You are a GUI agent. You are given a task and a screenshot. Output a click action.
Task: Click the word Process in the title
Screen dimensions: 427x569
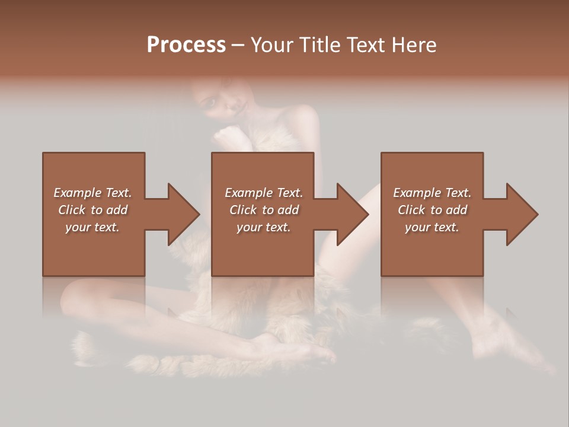tap(186, 45)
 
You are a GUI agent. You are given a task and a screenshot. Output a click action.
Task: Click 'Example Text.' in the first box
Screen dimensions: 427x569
tap(92, 193)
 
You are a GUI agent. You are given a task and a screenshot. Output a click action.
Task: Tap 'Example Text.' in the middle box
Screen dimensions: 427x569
tap(264, 193)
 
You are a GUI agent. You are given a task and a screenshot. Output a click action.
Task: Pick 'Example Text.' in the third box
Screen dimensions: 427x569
tap(432, 193)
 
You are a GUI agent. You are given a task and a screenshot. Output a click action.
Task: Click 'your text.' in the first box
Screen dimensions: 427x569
tap(92, 227)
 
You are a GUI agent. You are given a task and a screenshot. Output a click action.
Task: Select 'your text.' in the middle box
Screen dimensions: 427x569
tap(264, 227)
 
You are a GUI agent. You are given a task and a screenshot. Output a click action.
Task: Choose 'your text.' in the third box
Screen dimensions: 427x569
tap(432, 227)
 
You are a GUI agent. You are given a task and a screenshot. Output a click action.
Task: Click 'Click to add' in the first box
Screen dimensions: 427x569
tap(92, 210)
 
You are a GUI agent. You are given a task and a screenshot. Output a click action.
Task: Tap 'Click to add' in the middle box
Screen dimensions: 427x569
tap(264, 210)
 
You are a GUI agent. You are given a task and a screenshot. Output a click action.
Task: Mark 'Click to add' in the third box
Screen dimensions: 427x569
tap(432, 210)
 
